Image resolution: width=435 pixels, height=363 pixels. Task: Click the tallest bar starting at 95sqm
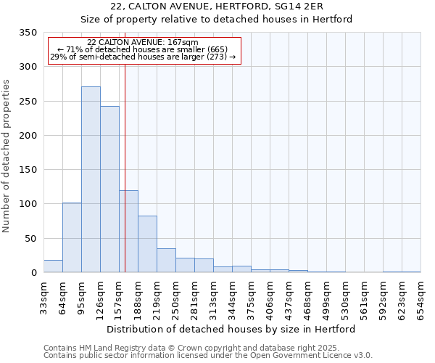pos(91,179)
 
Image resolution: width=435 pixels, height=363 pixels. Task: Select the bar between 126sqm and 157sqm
pos(109,189)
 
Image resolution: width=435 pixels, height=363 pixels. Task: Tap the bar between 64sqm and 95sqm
pos(72,237)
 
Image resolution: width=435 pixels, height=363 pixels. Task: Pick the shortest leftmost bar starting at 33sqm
pos(53,266)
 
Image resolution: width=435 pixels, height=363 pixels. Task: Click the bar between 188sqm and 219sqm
pos(147,244)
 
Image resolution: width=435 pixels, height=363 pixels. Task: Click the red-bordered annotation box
pos(144,50)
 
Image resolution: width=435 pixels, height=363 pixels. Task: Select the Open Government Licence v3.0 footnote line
pos(208,356)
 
